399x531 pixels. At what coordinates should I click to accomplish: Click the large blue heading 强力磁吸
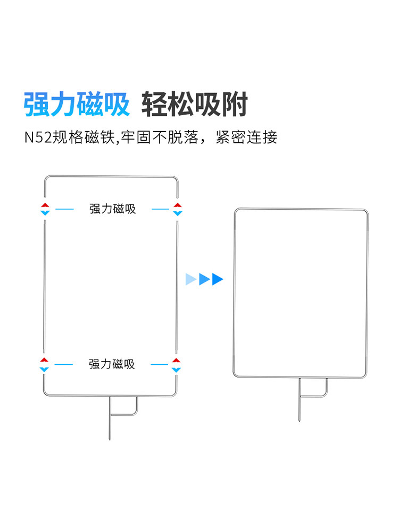point(77,104)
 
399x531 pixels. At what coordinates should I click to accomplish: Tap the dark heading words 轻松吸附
point(194,104)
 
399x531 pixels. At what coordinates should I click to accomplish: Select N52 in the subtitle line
point(38,138)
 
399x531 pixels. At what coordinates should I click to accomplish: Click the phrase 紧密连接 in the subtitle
point(247,137)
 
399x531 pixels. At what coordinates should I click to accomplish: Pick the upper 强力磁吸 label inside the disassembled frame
point(113,209)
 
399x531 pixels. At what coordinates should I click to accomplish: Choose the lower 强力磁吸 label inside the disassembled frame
point(112,364)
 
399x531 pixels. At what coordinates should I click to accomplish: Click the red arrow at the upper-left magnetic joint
point(45,205)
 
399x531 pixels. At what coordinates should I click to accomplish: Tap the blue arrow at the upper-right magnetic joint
point(178,213)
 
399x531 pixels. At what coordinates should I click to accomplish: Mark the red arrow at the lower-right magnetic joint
point(176,361)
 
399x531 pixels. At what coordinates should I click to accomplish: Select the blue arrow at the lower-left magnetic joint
point(45,369)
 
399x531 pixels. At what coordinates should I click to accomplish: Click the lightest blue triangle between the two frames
point(191,279)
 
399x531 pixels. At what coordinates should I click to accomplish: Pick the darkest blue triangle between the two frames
point(218,279)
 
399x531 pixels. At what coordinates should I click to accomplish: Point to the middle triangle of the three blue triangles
point(204,279)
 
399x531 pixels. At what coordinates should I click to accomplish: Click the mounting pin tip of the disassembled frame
point(110,439)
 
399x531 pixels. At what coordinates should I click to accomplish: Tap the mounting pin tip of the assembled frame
point(299,421)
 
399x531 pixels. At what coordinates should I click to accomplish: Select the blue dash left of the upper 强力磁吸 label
point(64,209)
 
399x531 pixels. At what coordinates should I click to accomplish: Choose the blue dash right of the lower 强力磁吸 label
point(160,364)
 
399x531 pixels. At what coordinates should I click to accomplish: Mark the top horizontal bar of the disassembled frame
point(111,176)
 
